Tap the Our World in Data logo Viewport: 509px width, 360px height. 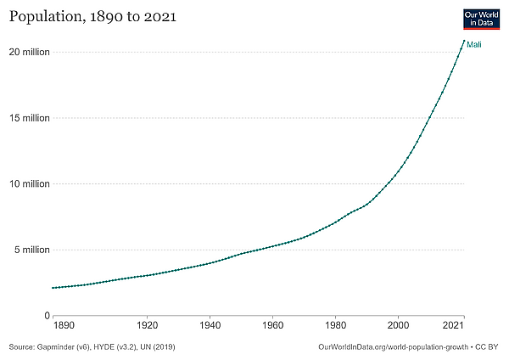480,19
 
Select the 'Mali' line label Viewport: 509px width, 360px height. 475,45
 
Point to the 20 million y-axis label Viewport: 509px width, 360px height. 30,53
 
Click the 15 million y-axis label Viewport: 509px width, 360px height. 30,118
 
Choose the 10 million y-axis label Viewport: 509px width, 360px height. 30,184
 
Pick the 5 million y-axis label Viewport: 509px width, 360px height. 32,250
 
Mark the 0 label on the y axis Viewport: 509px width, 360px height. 48,316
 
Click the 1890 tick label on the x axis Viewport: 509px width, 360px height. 64,325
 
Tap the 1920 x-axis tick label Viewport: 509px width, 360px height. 147,325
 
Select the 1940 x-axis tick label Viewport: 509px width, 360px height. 210,325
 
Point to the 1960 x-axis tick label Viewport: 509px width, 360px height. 272,325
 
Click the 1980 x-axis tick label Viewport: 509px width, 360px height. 335,325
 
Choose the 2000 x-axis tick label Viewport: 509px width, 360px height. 398,325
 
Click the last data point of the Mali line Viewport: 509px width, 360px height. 463,41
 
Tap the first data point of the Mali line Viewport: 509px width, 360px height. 53,288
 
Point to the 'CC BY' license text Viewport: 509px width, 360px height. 489,347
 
